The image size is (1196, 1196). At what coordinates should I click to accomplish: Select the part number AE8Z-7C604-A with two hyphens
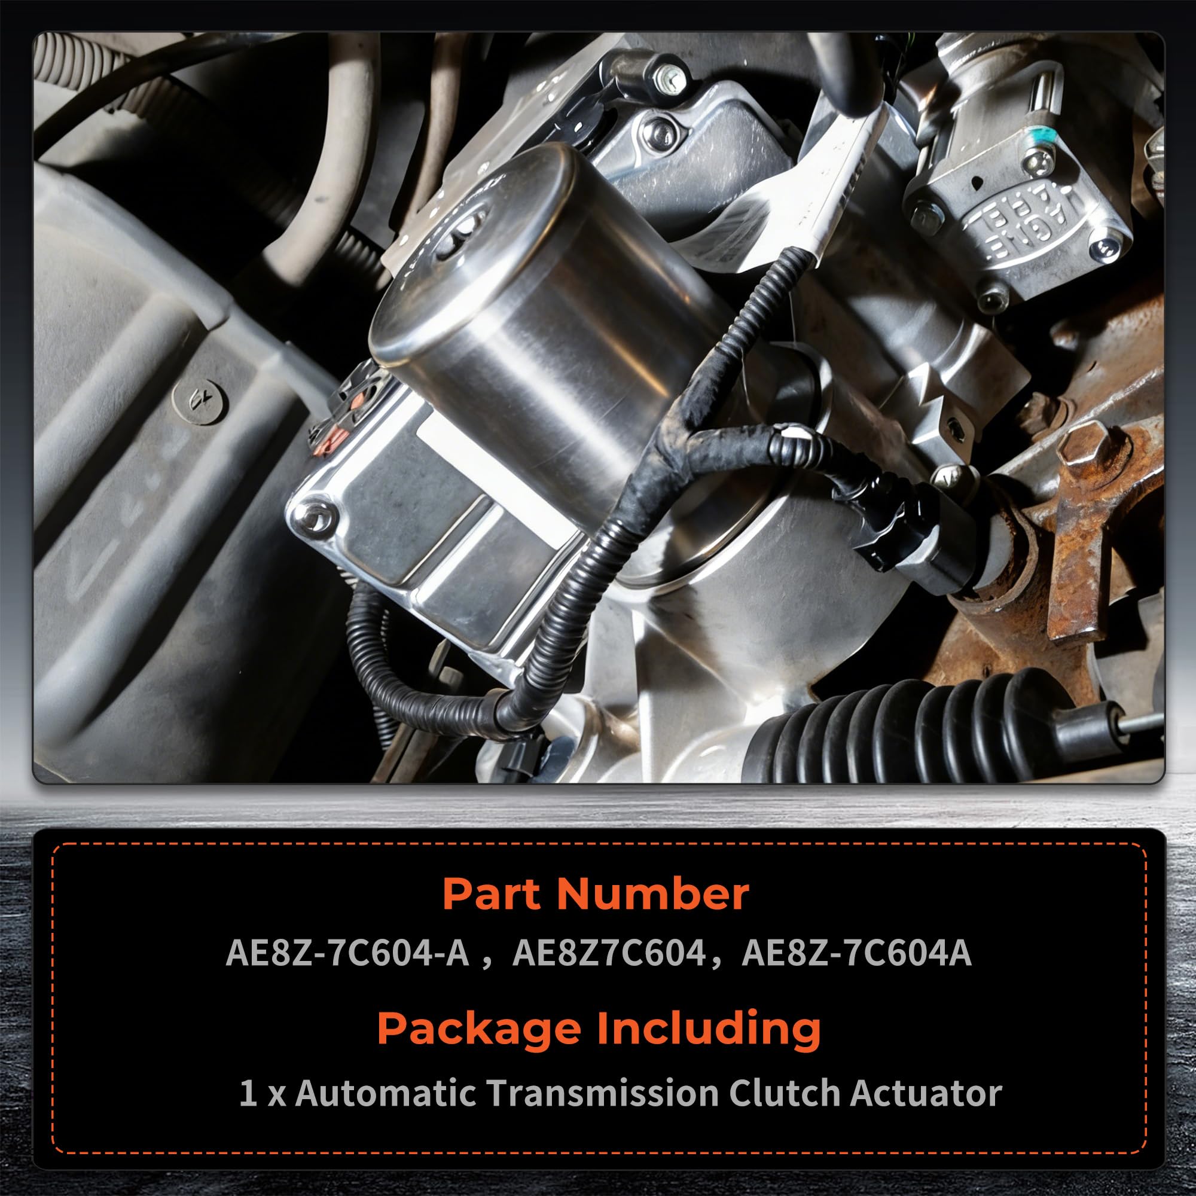(347, 953)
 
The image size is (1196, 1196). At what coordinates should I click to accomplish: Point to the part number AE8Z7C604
(609, 953)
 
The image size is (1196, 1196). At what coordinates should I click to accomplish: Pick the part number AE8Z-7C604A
(857, 953)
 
